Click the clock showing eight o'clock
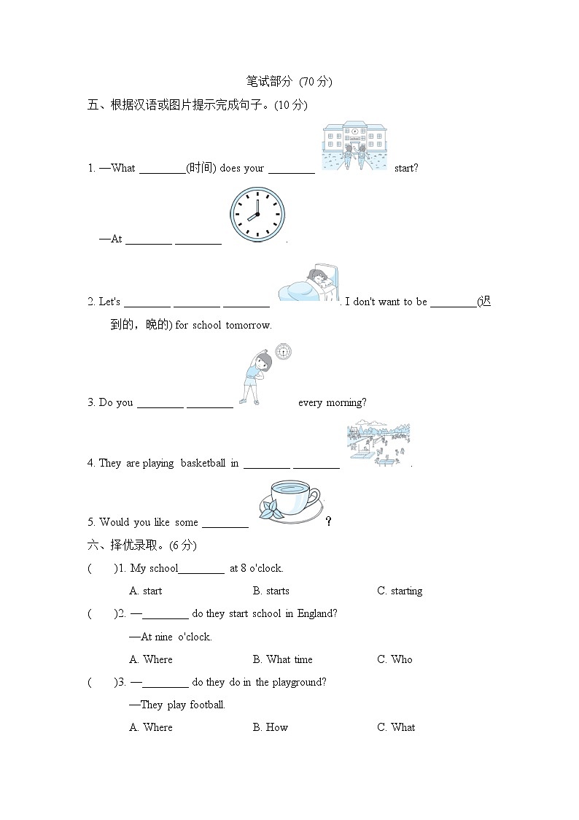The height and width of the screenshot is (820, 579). click(x=257, y=215)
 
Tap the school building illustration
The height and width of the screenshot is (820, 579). click(x=354, y=147)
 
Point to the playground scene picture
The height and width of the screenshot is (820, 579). click(x=378, y=442)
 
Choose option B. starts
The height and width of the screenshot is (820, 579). click(x=271, y=591)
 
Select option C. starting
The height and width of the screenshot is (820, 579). click(x=400, y=591)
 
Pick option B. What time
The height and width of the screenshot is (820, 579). click(x=282, y=659)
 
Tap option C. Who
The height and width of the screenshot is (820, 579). click(x=395, y=659)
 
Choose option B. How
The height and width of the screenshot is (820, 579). click(x=271, y=727)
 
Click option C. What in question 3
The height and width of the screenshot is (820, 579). click(x=396, y=727)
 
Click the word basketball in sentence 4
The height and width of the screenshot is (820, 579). click(x=203, y=463)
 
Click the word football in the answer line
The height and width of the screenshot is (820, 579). click(x=207, y=705)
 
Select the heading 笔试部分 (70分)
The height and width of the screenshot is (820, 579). click(x=289, y=81)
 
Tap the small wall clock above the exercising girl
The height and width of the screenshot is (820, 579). click(x=283, y=352)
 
